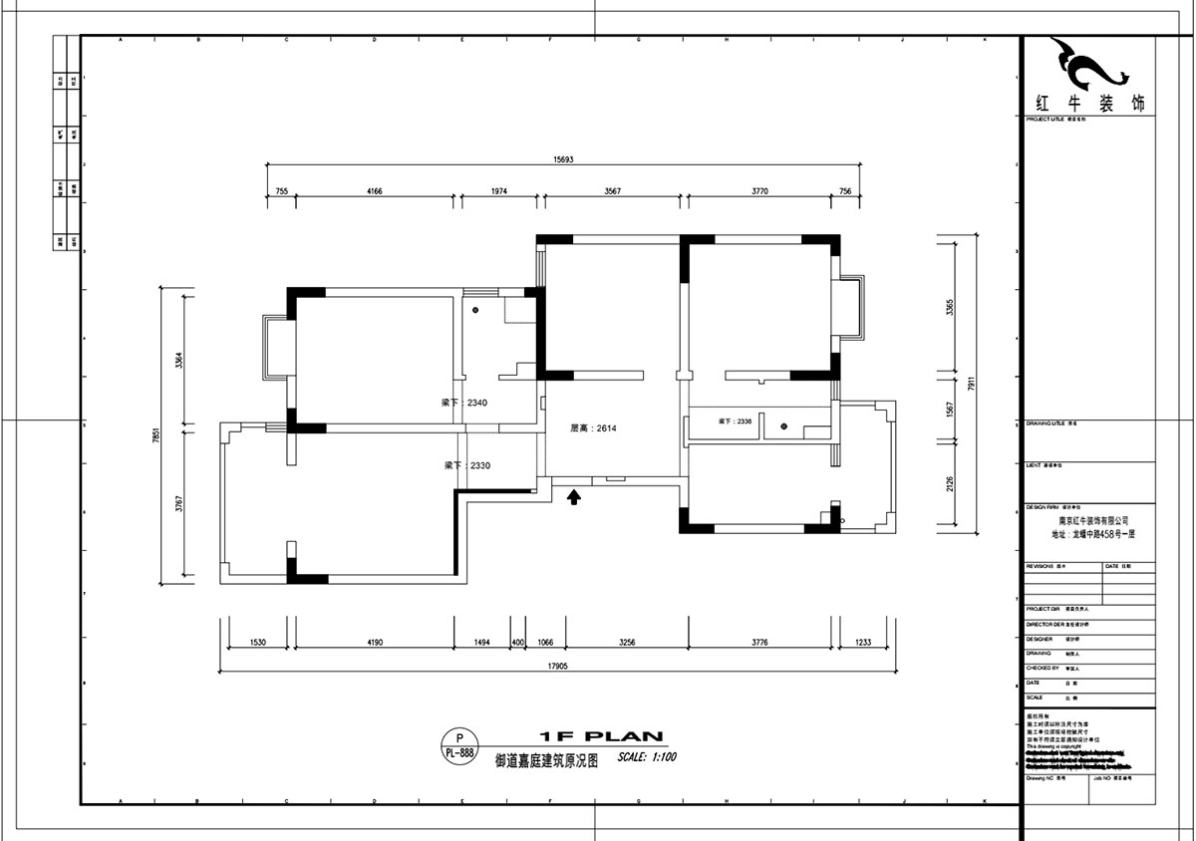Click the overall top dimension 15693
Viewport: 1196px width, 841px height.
tap(564, 158)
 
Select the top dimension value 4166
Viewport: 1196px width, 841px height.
tap(375, 190)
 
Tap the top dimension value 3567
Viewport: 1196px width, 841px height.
tap(613, 190)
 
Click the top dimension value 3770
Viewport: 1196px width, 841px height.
tap(759, 190)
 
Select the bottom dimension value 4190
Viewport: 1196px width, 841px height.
tap(375, 643)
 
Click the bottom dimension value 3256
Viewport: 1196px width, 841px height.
tap(627, 643)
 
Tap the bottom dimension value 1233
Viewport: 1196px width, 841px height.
tap(863, 643)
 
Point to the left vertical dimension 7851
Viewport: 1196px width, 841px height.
tap(156, 434)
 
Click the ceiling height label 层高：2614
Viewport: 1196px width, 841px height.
tap(594, 428)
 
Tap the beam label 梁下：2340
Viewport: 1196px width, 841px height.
tap(463, 404)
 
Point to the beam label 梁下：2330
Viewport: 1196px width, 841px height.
tap(466, 465)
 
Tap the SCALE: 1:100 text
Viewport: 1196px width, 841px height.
tap(647, 757)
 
